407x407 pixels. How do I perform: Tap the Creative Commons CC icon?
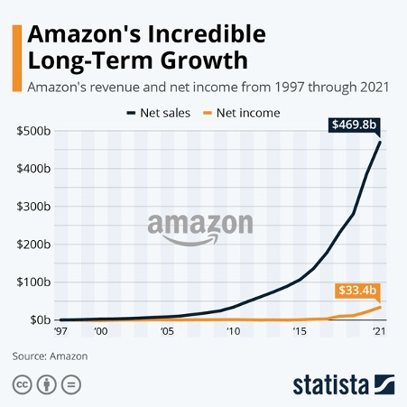pos(21,384)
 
